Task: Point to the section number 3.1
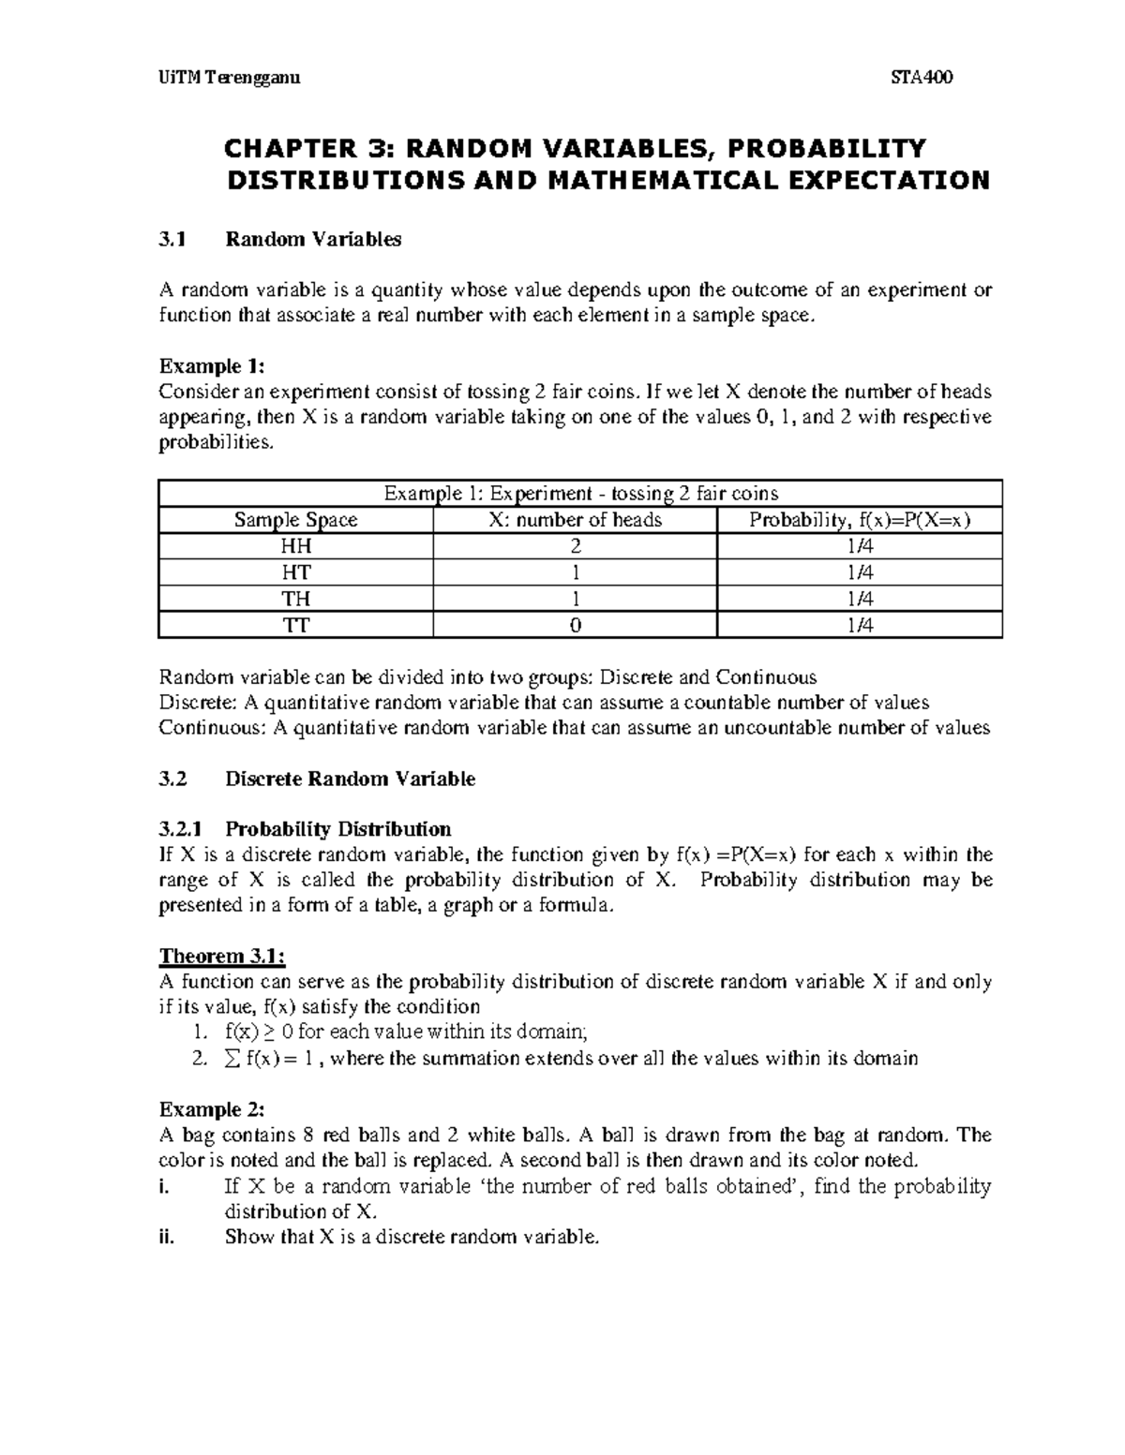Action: click(x=172, y=240)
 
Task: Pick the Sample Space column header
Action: click(x=295, y=520)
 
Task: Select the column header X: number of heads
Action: click(x=575, y=520)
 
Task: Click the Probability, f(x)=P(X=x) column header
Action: click(x=859, y=520)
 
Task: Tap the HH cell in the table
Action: click(x=296, y=546)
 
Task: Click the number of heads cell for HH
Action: click(x=575, y=546)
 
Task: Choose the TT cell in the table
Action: click(x=296, y=625)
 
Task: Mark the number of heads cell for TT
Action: click(x=575, y=625)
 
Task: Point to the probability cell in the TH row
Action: click(x=859, y=599)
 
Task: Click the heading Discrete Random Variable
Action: click(x=350, y=779)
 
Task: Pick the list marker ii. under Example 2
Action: click(x=167, y=1238)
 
